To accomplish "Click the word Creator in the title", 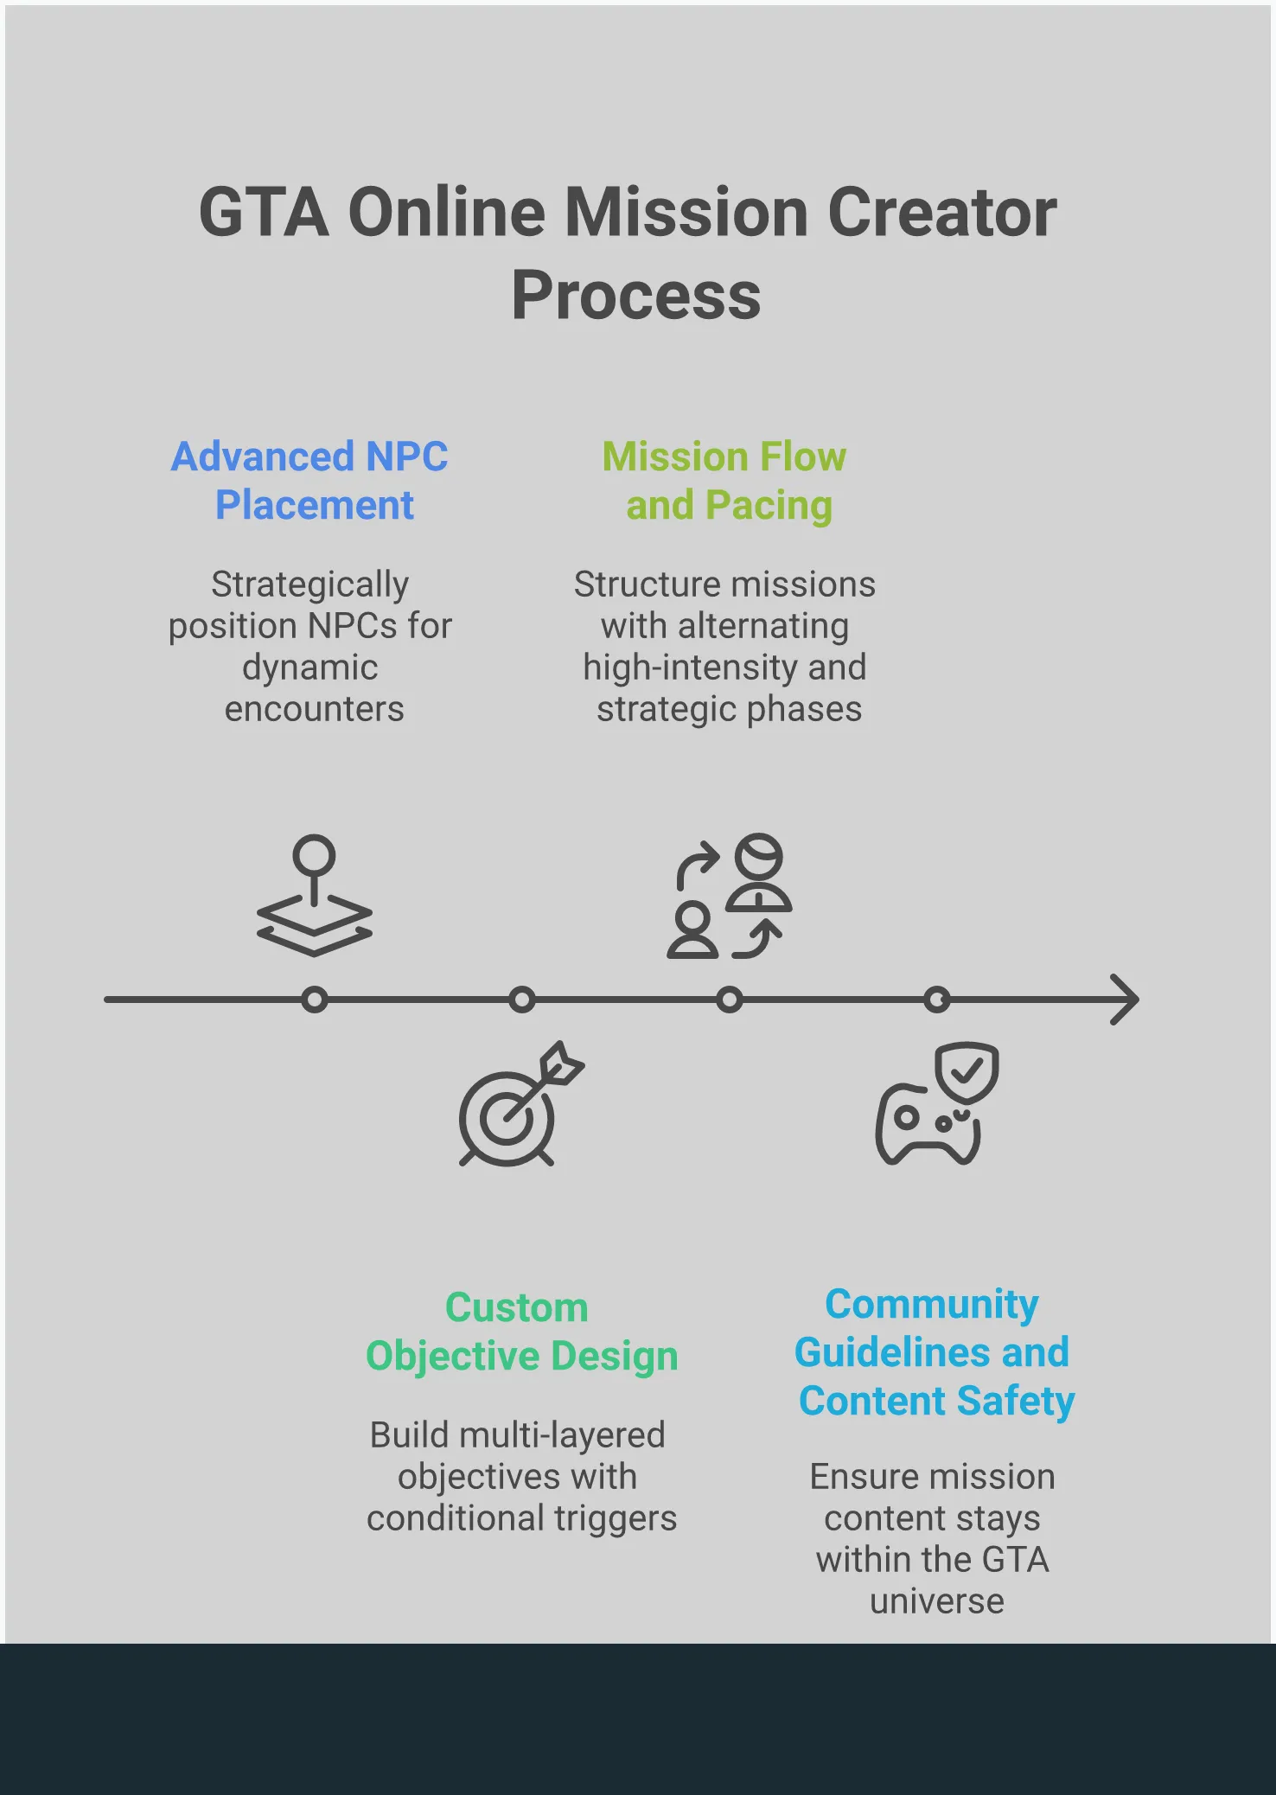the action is pos(942,213).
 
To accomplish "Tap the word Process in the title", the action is pos(636,296).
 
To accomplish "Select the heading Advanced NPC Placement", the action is pos(310,481).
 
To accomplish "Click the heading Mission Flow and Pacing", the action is pos(725,481).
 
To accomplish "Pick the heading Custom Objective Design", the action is pos(521,1332).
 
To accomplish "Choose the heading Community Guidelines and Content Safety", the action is pos(934,1352).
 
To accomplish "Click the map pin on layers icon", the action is pos(315,896).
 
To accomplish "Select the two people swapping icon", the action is pos(729,896).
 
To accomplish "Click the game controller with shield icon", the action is pos(937,1103).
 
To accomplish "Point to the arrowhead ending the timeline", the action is pos(1126,1000).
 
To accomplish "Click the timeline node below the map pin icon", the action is pos(315,1000).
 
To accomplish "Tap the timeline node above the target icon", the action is pos(521,1000).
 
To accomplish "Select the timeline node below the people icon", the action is pos(729,1000).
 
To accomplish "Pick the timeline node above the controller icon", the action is pos(936,1000).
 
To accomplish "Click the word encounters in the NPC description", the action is pos(314,709).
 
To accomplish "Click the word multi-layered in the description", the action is pos(562,1435).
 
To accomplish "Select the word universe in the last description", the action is pos(937,1601).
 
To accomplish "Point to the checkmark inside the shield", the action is pos(967,1070).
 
